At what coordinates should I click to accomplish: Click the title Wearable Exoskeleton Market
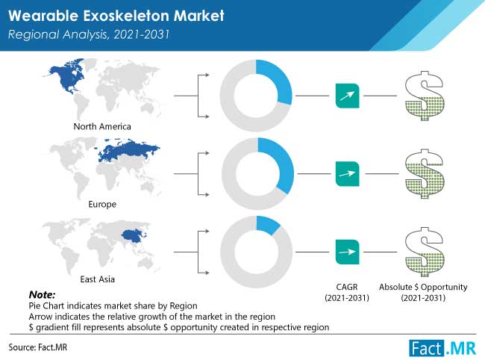116,16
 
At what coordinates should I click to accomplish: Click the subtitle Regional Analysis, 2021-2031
89,34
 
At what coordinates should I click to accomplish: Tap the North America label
102,126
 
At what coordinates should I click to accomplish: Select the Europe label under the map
102,205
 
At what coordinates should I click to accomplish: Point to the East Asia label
98,279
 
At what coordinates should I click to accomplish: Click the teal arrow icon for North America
348,96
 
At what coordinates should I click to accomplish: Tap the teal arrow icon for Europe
348,174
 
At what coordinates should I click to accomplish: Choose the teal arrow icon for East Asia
348,252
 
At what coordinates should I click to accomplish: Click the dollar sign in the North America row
425,96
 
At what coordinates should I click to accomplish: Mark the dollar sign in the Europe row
425,174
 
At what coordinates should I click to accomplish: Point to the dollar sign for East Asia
425,252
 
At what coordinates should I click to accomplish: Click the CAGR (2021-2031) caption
347,293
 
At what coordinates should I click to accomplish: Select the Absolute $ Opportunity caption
423,293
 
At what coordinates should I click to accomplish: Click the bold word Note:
42,294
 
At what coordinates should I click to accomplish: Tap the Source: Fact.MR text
38,347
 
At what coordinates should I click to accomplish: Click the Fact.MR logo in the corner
442,348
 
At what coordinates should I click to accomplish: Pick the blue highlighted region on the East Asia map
134,236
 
